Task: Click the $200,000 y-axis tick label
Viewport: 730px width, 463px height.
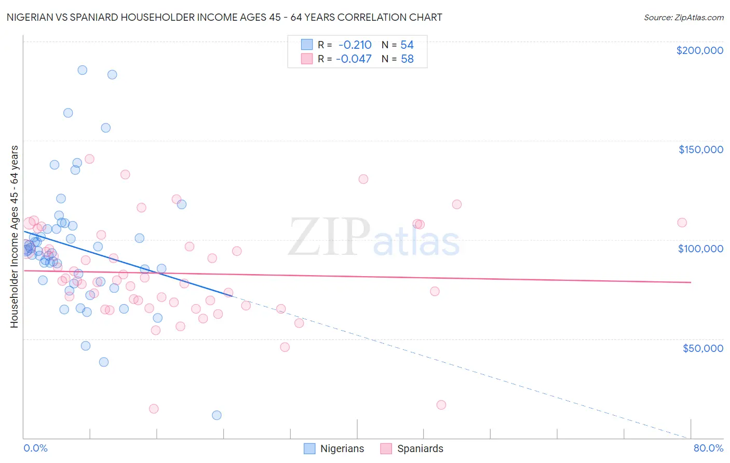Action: click(699, 50)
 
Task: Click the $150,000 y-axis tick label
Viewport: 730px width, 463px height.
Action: click(700, 149)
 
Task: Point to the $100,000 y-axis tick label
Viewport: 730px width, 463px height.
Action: click(700, 249)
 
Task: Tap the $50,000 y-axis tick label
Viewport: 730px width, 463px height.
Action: click(702, 348)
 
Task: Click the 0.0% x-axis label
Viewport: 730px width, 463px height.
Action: click(35, 448)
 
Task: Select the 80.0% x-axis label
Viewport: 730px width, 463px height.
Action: click(708, 448)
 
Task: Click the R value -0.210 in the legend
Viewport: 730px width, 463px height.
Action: click(355, 45)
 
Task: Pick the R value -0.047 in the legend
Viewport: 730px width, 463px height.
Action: click(354, 59)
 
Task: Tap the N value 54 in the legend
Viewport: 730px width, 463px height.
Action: click(407, 45)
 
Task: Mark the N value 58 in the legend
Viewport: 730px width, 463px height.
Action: click(407, 59)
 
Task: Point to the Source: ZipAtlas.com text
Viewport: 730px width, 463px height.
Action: click(683, 17)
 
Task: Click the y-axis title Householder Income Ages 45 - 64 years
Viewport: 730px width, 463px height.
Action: click(14, 237)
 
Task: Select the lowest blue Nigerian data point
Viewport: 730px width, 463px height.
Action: click(217, 415)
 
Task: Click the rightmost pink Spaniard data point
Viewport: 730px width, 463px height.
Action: click(682, 223)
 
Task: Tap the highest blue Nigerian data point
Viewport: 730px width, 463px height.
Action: click(82, 70)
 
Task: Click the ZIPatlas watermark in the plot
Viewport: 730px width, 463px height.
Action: click(374, 238)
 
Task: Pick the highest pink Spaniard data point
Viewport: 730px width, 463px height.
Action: click(89, 159)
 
